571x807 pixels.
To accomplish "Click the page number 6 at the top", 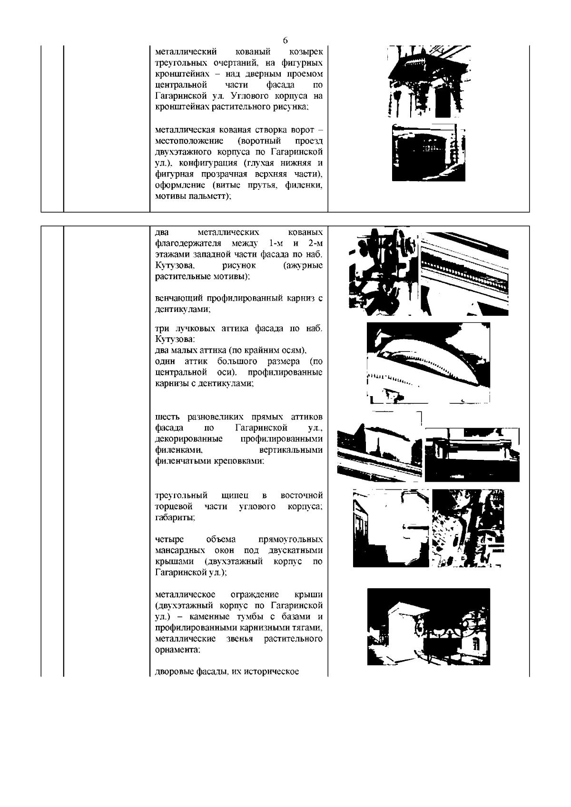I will coord(285,40).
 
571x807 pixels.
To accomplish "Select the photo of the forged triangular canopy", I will coord(430,82).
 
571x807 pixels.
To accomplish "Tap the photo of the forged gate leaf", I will coord(428,152).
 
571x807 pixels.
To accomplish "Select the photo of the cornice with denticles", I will coord(464,273).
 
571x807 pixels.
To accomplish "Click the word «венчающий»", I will coord(179,298).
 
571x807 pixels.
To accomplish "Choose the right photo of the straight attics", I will coord(472,455).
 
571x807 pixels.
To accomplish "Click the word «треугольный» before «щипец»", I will coord(178,496).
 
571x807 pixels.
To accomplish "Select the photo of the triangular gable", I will coord(391,528).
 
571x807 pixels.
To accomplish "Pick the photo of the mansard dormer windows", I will coord(468,528).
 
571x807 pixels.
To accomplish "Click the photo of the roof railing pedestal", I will coord(428,627).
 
